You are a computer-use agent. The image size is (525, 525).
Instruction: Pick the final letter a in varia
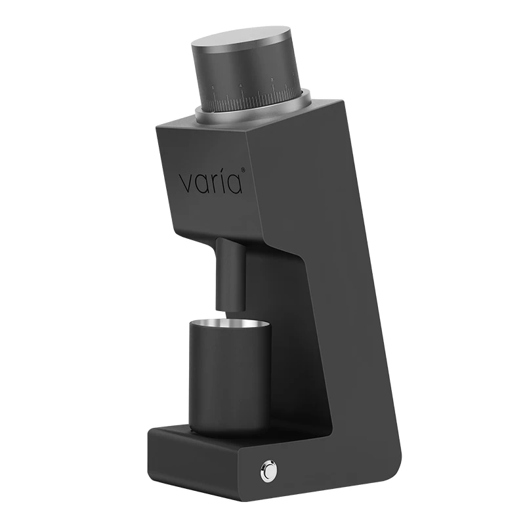click(236, 182)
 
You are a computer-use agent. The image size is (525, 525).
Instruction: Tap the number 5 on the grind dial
click(213, 87)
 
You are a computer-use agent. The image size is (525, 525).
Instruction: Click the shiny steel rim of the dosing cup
click(230, 322)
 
